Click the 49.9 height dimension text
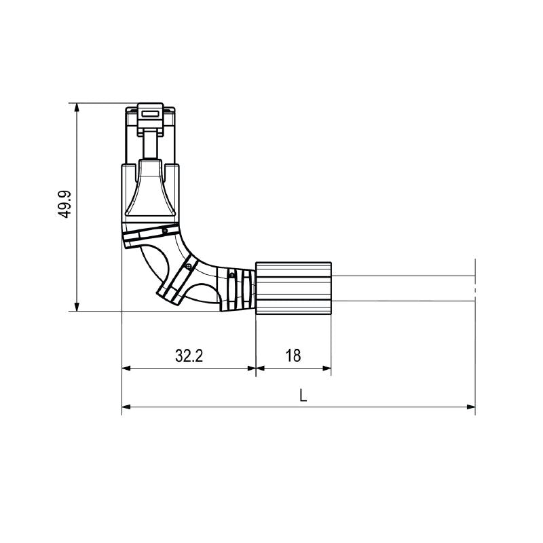pos(64,204)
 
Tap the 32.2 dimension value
pos(189,356)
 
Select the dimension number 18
pos(293,356)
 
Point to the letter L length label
pos(303,395)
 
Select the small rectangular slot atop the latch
pos(150,113)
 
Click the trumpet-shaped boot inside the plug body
pos(150,190)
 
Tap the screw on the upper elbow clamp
pos(165,231)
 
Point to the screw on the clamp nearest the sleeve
pos(231,275)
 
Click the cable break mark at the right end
pos(474,289)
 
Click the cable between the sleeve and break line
pos(400,288)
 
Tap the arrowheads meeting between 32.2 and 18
pos(256,369)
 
